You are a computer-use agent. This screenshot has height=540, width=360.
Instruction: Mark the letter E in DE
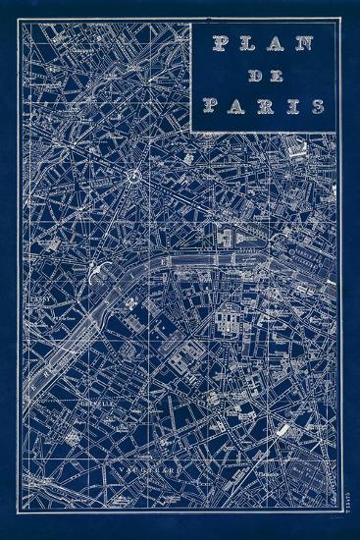(275, 75)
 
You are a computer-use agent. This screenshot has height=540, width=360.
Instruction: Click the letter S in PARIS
(318, 105)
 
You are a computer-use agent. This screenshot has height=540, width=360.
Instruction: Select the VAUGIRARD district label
(147, 467)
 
